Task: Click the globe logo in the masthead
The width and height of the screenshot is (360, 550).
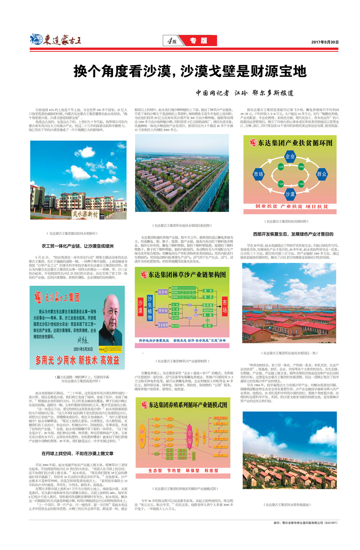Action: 36,39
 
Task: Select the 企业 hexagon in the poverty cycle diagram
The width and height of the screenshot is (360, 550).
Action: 290,157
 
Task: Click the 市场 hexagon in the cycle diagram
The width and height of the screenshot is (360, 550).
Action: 258,174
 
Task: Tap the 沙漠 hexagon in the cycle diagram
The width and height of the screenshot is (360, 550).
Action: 290,194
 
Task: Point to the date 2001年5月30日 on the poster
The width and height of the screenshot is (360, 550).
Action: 83,349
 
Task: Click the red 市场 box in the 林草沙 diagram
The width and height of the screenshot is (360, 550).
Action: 224,306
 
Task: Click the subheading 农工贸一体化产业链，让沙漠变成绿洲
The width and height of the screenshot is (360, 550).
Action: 77,246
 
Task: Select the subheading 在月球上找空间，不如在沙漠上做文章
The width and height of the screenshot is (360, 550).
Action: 77,453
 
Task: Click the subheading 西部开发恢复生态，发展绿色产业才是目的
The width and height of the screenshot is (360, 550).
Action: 293,234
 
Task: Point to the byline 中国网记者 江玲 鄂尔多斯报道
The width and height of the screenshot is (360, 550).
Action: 244,93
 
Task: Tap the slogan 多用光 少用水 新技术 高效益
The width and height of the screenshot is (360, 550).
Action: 77,360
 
